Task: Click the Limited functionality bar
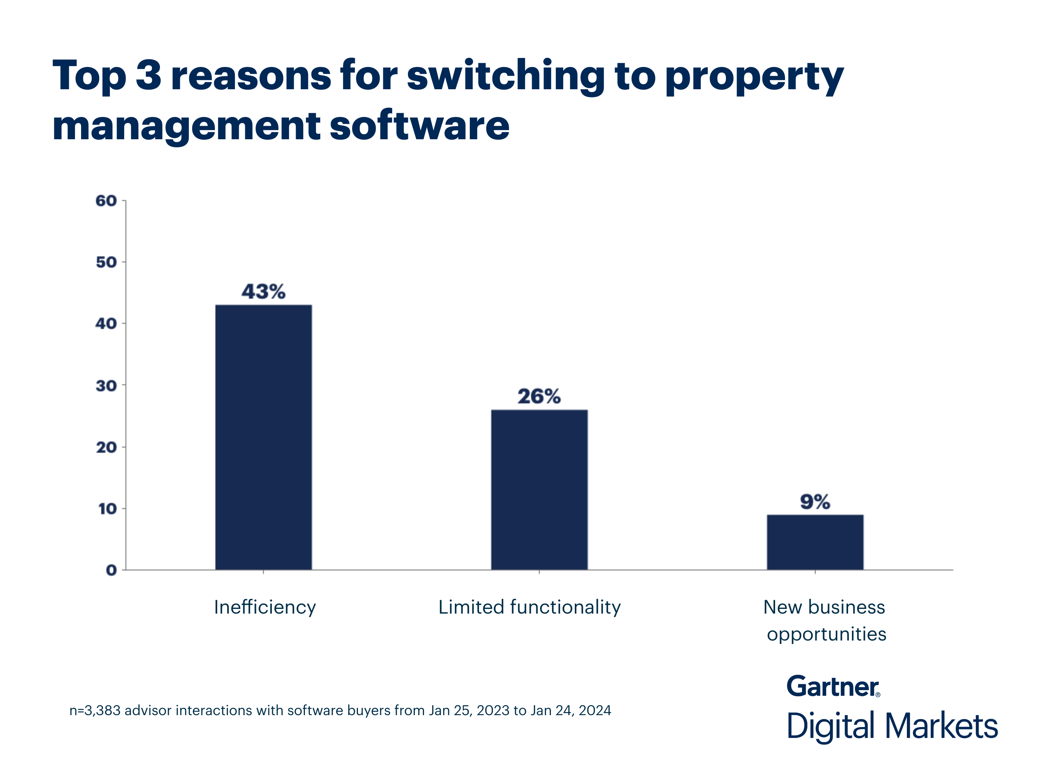[539, 490]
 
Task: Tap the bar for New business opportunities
[815, 542]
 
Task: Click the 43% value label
[263, 292]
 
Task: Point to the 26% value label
[539, 396]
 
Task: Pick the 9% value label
[815, 502]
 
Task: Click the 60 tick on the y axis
[106, 201]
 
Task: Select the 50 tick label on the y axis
[106, 262]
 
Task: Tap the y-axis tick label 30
[106, 385]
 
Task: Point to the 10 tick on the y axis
[108, 509]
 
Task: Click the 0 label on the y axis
[111, 570]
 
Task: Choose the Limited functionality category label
[529, 607]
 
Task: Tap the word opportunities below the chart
[827, 634]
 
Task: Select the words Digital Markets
[892, 726]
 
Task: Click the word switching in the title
[506, 76]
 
